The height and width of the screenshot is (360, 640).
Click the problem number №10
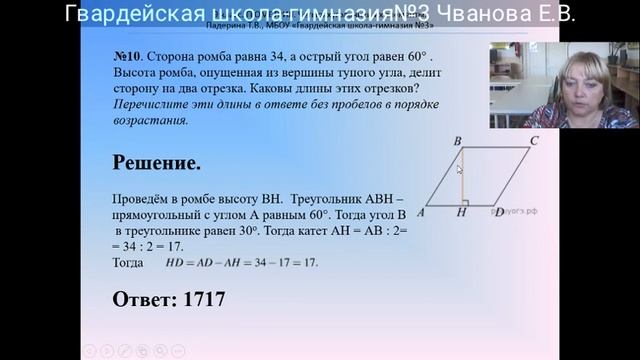point(128,58)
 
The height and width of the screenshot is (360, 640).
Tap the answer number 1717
point(198,299)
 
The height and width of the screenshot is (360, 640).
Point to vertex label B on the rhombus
point(457,141)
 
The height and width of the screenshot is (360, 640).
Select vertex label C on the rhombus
point(534,141)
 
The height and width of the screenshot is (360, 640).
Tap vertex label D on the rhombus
point(498,213)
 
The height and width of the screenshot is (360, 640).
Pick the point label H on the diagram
point(462,213)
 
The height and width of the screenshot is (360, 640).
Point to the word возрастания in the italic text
point(151,118)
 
